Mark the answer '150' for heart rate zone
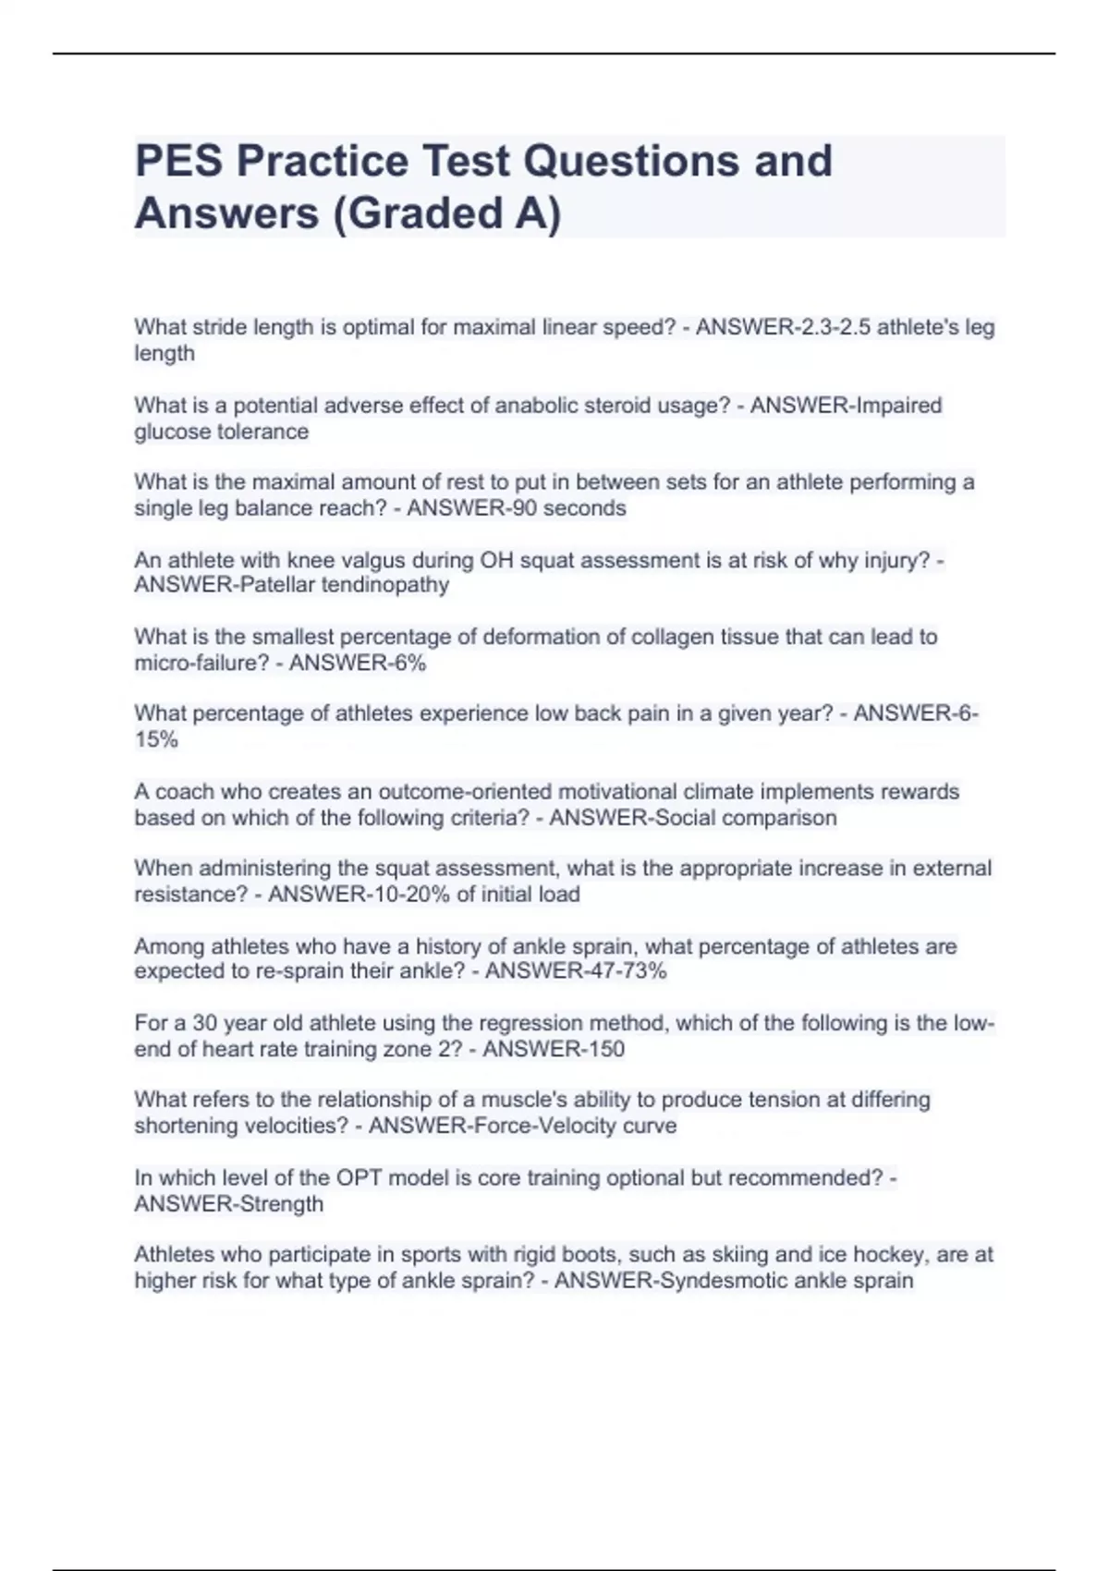(x=606, y=1049)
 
